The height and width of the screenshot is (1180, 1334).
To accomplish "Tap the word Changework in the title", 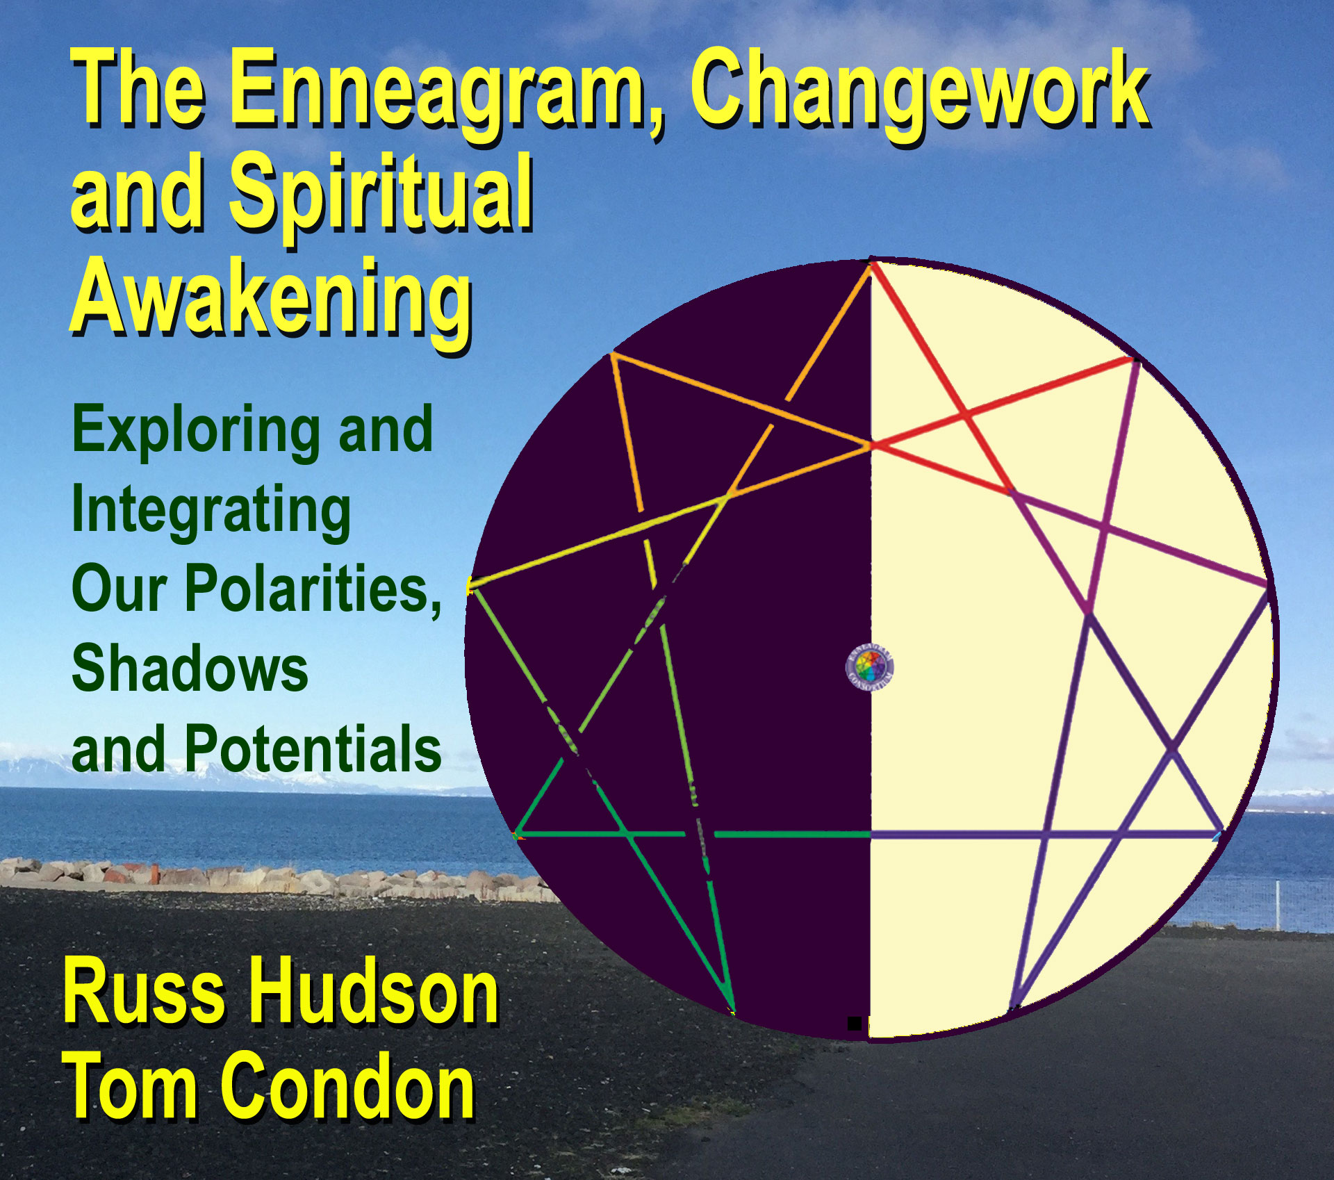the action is pos(919,90).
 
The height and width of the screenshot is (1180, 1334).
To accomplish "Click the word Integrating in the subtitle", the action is pos(211,513).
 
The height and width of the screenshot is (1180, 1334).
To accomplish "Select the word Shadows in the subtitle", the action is pos(190,669).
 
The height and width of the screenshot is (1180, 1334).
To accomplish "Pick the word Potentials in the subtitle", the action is pos(313,748).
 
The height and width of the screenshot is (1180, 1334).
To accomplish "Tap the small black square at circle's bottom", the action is pos(855,1024).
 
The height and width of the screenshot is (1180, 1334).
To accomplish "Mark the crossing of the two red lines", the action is pos(965,416).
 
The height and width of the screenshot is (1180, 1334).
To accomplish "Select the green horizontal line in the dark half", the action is pos(693,833).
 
